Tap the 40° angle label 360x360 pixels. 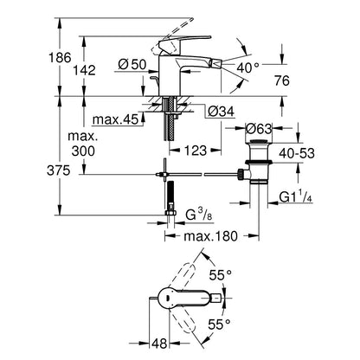(x=249, y=66)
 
